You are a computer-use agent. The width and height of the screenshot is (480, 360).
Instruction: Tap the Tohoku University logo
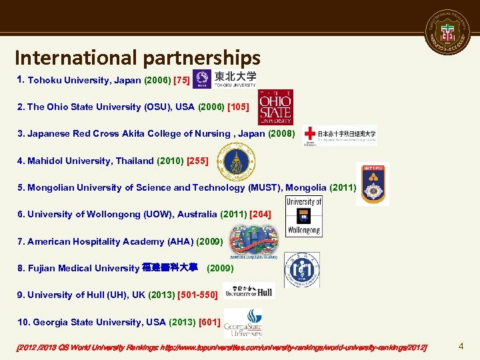tap(225, 79)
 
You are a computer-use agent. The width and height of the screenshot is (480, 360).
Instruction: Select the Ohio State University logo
tap(275, 107)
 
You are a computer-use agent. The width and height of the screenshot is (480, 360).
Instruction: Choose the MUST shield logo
tap(373, 183)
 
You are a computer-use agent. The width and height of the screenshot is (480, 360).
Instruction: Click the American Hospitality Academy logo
tap(253, 241)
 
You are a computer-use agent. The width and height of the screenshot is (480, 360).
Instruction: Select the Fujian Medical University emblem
tap(301, 269)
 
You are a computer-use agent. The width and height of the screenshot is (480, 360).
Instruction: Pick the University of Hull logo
tap(249, 291)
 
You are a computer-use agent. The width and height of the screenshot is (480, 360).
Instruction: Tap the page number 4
tap(461, 346)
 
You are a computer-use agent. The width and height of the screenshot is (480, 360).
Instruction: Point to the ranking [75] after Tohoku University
tap(181, 80)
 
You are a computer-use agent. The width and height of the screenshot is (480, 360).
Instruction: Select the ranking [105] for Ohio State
tap(239, 107)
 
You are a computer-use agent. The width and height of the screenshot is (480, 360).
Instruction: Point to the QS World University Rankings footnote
tap(221, 347)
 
